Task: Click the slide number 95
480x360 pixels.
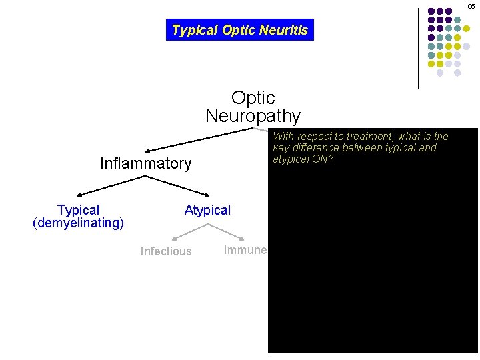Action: (x=471, y=6)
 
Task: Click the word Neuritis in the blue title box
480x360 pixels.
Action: (x=285, y=30)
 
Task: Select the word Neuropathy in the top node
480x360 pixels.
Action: (x=253, y=116)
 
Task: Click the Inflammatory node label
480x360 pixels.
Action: (x=145, y=163)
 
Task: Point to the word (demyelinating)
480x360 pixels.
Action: (x=78, y=223)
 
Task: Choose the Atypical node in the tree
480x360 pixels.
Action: (x=207, y=211)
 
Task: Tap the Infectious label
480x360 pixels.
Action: (x=166, y=251)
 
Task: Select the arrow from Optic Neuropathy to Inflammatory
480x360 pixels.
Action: (x=200, y=140)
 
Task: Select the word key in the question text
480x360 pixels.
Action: (x=281, y=148)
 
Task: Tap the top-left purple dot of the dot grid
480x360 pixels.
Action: (x=431, y=11)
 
